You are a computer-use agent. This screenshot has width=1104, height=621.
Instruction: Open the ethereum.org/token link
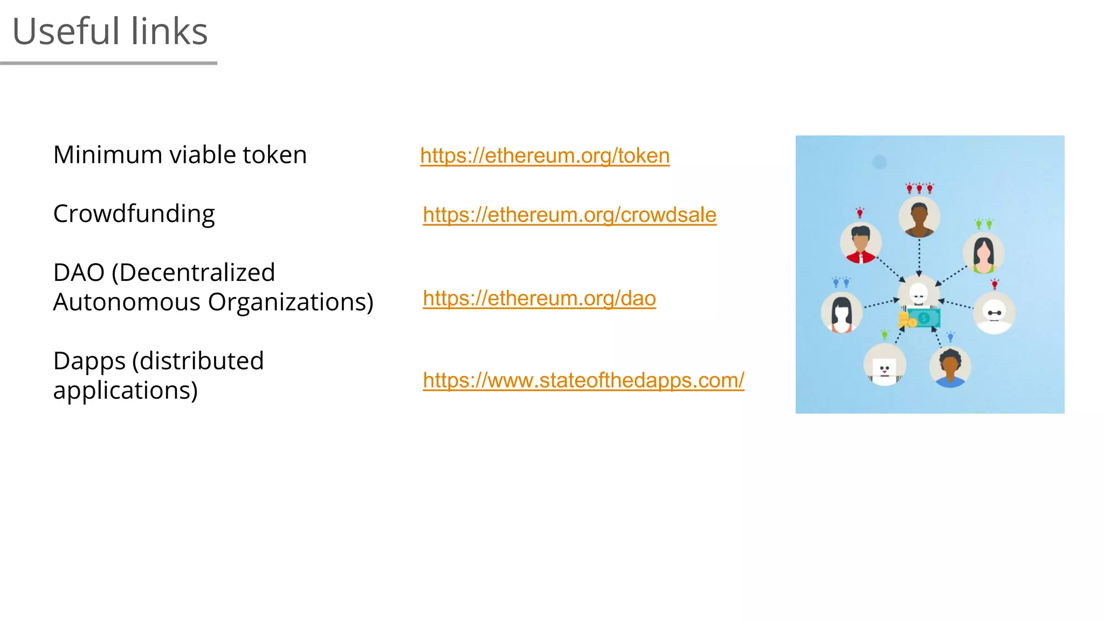tap(544, 156)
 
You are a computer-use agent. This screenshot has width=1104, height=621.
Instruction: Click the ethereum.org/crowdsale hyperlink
tap(569, 215)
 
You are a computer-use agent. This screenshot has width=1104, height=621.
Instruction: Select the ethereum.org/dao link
tap(539, 298)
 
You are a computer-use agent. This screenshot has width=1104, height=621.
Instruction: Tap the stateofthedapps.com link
tap(583, 381)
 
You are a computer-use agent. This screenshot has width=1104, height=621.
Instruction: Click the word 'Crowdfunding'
tap(134, 214)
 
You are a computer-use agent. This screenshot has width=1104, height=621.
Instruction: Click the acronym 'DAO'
tap(79, 273)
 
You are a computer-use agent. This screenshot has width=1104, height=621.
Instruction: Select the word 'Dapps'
tap(89, 362)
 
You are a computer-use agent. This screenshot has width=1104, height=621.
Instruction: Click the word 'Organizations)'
tap(291, 302)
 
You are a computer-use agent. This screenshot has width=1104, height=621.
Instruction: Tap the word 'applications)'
tap(125, 391)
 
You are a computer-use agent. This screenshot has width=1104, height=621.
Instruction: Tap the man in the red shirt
tap(861, 244)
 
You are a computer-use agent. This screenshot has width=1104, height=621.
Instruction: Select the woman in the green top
tap(983, 254)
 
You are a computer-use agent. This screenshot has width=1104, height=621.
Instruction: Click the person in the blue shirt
tap(950, 367)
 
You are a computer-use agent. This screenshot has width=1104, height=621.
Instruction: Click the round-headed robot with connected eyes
tap(994, 313)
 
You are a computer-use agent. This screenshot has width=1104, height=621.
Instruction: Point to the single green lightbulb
tap(884, 335)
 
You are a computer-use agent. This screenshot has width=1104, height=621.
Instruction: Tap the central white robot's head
tap(919, 293)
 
